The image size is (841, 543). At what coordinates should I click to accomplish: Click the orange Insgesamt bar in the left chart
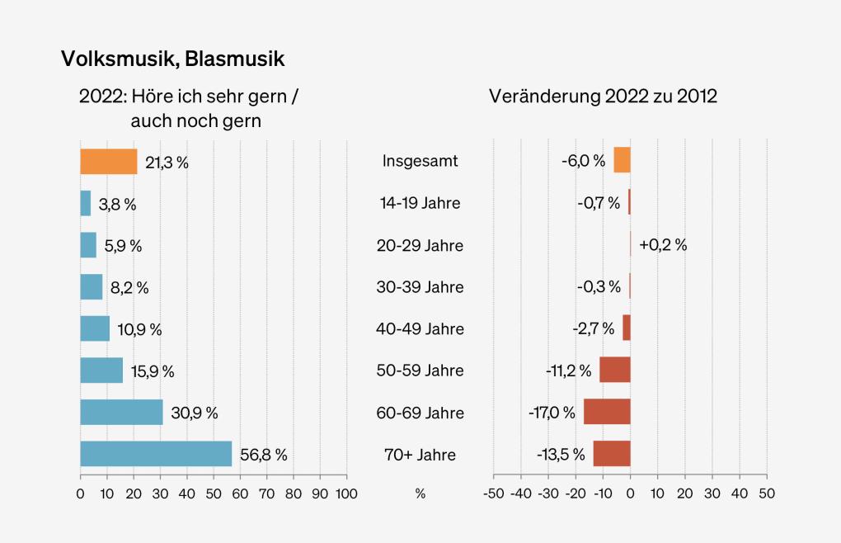tap(108, 162)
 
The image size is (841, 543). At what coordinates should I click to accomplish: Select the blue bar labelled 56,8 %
tap(156, 454)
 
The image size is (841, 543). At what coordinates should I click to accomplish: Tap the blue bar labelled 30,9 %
tap(121, 412)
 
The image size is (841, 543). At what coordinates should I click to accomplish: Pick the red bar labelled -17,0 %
tap(607, 412)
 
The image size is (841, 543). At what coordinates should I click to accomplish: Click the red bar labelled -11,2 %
tap(614, 370)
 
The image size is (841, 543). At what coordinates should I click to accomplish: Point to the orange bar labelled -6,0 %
tap(622, 160)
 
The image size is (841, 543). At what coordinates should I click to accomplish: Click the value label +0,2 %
tap(662, 245)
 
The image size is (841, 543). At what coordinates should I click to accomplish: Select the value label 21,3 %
tap(167, 163)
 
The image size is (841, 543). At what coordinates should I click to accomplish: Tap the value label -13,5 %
tap(561, 455)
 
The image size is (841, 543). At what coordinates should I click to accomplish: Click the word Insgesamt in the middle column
tap(420, 161)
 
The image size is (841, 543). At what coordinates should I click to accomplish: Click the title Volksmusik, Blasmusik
tap(172, 59)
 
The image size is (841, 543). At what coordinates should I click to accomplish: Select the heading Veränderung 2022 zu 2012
tap(603, 97)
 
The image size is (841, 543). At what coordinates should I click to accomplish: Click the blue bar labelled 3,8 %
tap(85, 203)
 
